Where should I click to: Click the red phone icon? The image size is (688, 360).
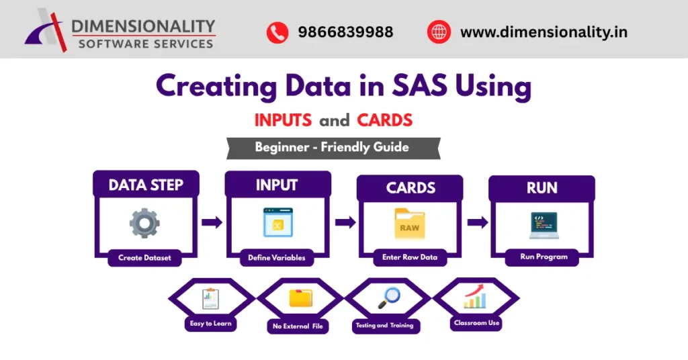[x=277, y=32]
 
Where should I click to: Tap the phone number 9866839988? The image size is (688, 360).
[x=345, y=32]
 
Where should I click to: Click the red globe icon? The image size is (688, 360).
[x=437, y=32]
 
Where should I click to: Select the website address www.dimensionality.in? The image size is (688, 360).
[x=544, y=32]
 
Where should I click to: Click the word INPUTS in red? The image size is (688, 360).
[x=283, y=121]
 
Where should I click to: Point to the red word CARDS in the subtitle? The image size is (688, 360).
[x=385, y=121]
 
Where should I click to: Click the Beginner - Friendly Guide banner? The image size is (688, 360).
[x=332, y=147]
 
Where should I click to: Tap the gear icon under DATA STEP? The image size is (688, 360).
[x=144, y=223]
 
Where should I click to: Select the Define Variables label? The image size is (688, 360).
[x=276, y=257]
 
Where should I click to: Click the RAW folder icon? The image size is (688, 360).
[x=409, y=224]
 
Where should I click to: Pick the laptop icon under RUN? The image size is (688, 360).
[x=544, y=226]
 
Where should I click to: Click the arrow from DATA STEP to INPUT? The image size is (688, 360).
[x=212, y=222]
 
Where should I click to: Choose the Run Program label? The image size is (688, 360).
[x=544, y=257]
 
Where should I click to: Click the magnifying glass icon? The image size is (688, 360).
[x=388, y=297]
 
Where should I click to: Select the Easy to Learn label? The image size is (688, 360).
[x=211, y=324]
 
